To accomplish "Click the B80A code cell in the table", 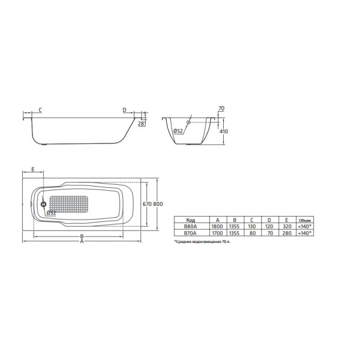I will click(x=191, y=227).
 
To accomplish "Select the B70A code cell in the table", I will click(x=191, y=233).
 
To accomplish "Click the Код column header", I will click(x=191, y=220).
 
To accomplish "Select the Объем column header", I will click(x=305, y=220).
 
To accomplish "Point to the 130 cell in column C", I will click(x=252, y=227).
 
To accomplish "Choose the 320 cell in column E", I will click(x=286, y=227).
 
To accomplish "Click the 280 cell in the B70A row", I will click(x=286, y=233).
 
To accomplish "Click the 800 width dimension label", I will click(x=158, y=204).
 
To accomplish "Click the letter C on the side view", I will click(x=40, y=110).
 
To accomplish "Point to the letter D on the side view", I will click(x=124, y=110).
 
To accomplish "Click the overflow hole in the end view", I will click(x=188, y=123).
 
